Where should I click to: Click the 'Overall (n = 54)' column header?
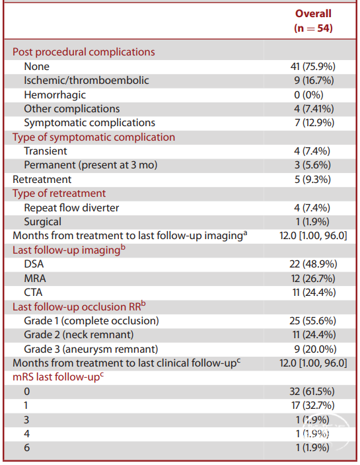(x=313, y=20)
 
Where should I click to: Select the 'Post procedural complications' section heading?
(x=84, y=52)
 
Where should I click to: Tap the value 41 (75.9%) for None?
(x=313, y=67)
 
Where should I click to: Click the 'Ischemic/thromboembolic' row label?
(x=87, y=81)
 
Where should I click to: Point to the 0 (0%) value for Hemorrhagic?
(x=308, y=95)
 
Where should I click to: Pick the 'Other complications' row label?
(x=72, y=109)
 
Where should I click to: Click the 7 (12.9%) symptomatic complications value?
(x=314, y=123)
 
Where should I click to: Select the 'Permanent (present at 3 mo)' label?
(x=90, y=165)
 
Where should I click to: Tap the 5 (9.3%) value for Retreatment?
(x=312, y=180)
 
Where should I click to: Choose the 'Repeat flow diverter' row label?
(x=71, y=208)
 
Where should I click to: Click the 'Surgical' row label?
(x=43, y=222)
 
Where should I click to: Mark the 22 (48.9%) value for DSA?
(x=314, y=264)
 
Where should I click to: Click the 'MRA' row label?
(x=35, y=279)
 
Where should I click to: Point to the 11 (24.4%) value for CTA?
(x=314, y=293)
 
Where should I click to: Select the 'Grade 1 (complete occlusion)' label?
(x=91, y=321)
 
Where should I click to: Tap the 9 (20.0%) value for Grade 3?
(x=315, y=349)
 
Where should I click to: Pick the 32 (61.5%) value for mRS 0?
(x=312, y=392)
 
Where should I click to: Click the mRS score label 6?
(x=26, y=448)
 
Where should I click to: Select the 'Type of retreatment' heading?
(x=59, y=194)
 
